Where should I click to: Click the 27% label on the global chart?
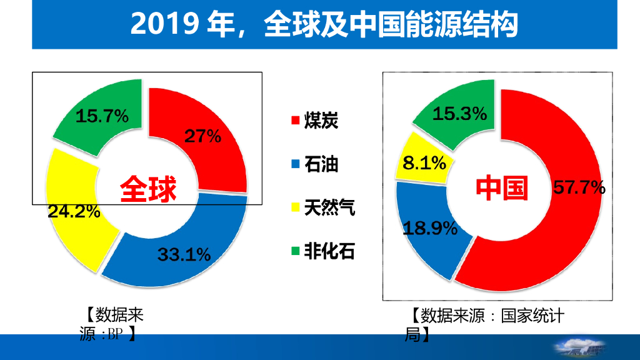tap(202, 136)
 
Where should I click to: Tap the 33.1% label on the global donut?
tap(184, 254)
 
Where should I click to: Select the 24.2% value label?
tap(74, 211)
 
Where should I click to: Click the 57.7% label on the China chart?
tap(579, 187)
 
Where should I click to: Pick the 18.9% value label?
tap(430, 228)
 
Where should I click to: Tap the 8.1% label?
tap(424, 164)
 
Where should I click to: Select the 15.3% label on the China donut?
tap(459, 113)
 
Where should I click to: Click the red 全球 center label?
tap(148, 189)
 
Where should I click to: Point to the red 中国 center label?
tap(502, 187)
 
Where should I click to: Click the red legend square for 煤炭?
tap(295, 121)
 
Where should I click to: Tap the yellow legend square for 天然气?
tap(295, 207)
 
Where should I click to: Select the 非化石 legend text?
tap(329, 251)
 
